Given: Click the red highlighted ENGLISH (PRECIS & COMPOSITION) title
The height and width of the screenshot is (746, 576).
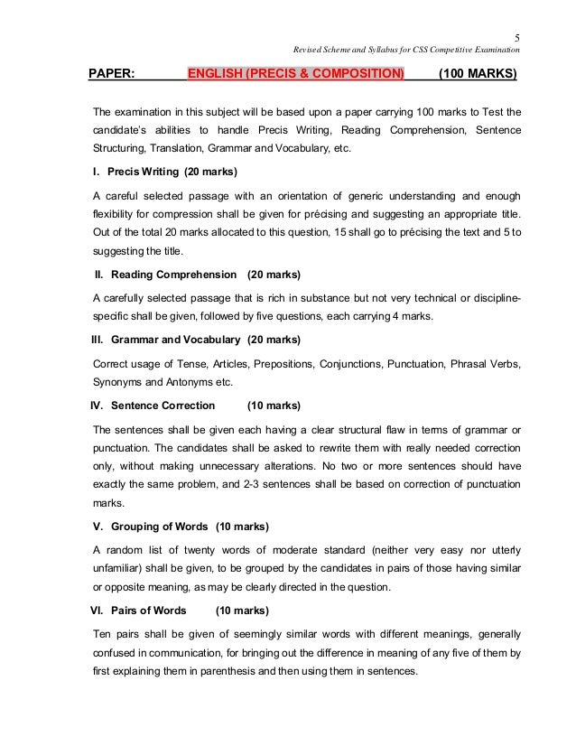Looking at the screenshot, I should tap(296, 74).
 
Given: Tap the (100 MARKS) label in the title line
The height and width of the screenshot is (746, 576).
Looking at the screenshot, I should tap(477, 74).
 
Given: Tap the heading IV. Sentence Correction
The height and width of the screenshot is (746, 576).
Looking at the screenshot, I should tap(146, 406).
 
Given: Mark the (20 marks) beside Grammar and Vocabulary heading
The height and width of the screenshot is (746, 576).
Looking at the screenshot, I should tap(274, 340).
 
